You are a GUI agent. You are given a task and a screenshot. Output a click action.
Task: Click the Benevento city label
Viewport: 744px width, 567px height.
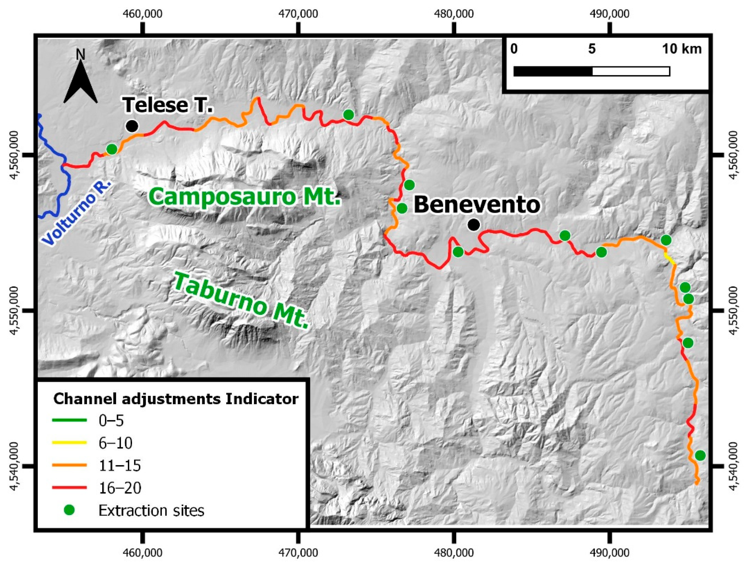click(x=477, y=205)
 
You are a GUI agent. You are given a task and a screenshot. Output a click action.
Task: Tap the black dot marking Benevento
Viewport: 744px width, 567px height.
click(x=474, y=224)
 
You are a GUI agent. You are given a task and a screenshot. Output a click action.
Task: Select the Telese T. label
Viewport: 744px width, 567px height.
click(x=168, y=105)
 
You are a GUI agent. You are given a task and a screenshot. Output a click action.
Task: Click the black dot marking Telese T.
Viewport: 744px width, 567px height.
click(x=132, y=126)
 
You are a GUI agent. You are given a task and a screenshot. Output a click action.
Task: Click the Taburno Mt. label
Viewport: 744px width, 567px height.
click(x=242, y=301)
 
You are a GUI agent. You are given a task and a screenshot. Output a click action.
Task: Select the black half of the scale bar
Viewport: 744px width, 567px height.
click(x=553, y=72)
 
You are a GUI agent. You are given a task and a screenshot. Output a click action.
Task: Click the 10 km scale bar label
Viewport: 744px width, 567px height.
click(x=682, y=49)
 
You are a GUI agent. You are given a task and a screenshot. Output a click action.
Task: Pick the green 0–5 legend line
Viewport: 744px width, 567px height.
click(x=69, y=420)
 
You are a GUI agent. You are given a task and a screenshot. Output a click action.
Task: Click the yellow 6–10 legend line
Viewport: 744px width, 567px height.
click(x=69, y=442)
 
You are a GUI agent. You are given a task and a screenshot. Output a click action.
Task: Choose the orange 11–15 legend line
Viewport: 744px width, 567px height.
click(x=69, y=465)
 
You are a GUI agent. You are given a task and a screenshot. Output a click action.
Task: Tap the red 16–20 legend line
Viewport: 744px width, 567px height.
click(x=69, y=487)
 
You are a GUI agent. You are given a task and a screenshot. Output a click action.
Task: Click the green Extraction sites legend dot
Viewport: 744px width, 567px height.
click(x=69, y=510)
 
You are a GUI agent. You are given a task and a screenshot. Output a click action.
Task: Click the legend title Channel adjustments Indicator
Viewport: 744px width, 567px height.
click(x=176, y=399)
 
